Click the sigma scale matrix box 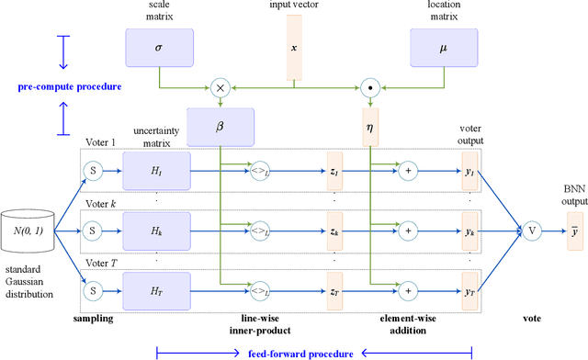(x=158, y=46)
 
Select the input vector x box (x=293, y=46)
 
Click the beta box (x=220, y=127)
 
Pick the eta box (x=370, y=127)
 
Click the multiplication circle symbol (x=220, y=88)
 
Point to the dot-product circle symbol (x=370, y=88)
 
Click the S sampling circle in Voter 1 (x=92, y=171)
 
